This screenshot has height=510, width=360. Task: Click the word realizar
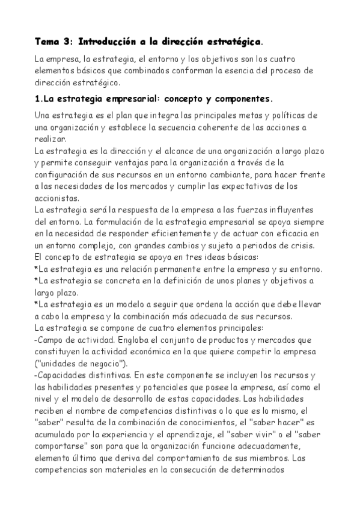[x=50, y=138]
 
